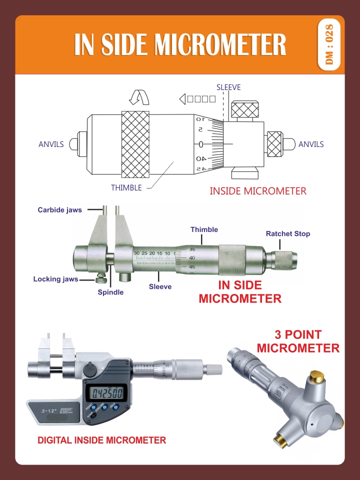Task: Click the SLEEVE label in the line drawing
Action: click(228, 87)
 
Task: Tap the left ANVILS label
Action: click(51, 144)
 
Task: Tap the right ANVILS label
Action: click(311, 144)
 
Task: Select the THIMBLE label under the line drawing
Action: click(126, 188)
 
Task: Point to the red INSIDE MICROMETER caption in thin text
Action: click(257, 191)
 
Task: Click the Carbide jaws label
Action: click(59, 210)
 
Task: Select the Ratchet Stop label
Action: click(287, 233)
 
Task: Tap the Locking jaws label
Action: click(55, 279)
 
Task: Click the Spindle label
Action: click(110, 292)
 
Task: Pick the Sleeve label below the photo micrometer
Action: click(160, 286)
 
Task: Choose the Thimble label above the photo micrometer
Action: click(204, 229)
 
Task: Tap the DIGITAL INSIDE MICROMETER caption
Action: click(102, 440)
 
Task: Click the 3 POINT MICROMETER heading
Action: click(298, 341)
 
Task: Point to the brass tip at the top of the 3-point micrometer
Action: click(316, 375)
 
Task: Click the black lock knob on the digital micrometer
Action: click(90, 369)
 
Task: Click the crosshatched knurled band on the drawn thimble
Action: click(135, 144)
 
